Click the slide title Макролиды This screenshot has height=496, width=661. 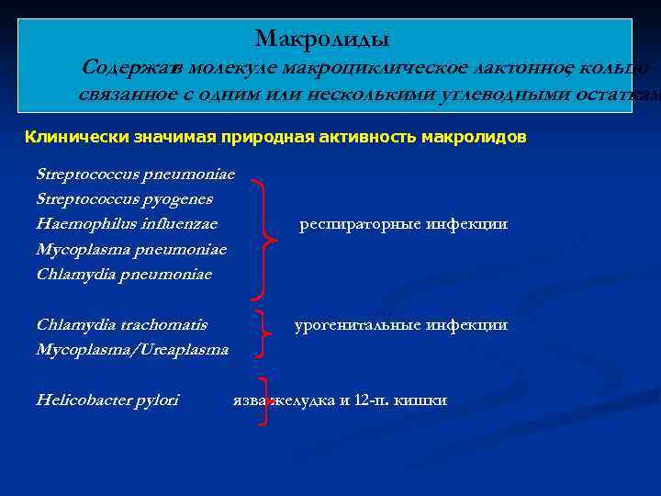(322, 39)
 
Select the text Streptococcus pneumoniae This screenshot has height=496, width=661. (135, 174)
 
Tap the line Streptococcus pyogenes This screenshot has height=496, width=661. (124, 198)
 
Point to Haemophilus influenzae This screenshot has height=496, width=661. (127, 223)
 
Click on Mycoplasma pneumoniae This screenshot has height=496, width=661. (131, 249)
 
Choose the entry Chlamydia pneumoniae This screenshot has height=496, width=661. (124, 274)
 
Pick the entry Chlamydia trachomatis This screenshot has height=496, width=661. (121, 324)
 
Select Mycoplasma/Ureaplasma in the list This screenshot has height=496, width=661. (132, 349)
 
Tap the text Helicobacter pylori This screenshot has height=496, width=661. (107, 400)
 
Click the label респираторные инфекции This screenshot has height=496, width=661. (403, 224)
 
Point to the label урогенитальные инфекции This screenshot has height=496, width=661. (400, 324)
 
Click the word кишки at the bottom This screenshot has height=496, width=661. (420, 400)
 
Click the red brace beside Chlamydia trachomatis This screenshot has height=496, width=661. (263, 333)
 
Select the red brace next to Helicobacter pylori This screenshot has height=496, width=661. (265, 400)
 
